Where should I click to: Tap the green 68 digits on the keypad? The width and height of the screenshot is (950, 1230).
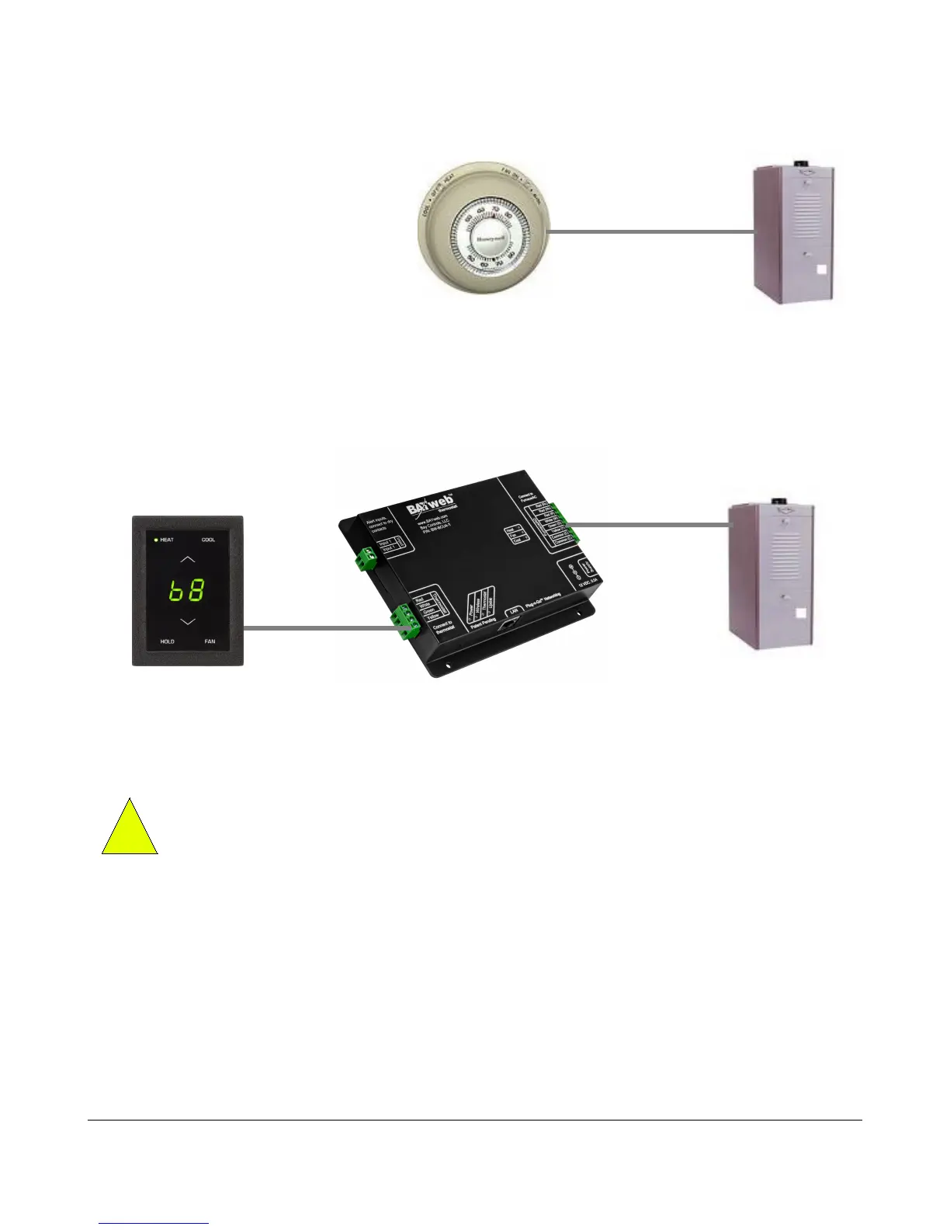coord(187,592)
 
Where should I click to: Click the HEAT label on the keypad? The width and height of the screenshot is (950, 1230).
coord(167,540)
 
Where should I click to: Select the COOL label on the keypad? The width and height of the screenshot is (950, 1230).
coord(209,540)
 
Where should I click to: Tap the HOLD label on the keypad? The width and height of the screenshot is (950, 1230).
coord(167,641)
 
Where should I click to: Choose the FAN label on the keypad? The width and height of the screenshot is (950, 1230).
coord(210,641)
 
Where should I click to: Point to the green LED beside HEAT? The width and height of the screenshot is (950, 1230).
coord(155,540)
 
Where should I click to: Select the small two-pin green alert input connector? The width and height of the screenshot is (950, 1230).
coord(365,558)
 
